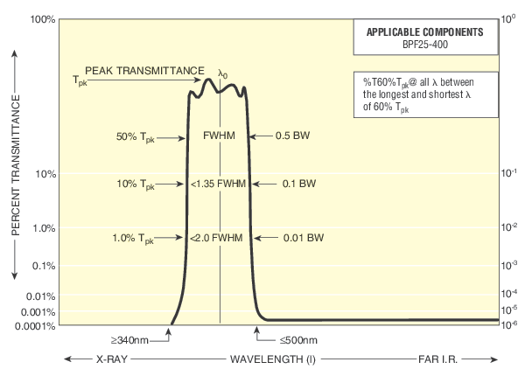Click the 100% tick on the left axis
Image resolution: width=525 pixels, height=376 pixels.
point(42,18)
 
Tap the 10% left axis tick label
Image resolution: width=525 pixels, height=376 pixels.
point(45,174)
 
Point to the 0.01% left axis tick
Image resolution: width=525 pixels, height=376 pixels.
point(42,296)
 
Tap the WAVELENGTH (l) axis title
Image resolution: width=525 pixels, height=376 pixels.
point(262,359)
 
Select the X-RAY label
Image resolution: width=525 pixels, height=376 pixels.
point(97,359)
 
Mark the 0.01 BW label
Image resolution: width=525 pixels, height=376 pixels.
point(300,238)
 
